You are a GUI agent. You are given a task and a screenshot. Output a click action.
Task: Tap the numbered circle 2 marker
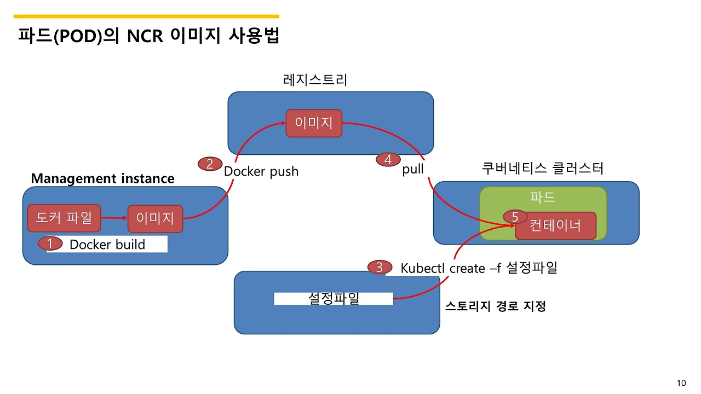[210, 164]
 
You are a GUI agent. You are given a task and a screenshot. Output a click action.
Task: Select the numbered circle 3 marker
[380, 268]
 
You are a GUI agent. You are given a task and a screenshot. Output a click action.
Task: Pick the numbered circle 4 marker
[388, 160]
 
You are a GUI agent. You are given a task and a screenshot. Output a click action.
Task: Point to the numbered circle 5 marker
[515, 217]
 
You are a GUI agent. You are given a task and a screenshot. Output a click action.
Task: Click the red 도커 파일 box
[65, 218]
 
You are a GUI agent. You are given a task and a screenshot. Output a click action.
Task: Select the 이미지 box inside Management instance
[155, 219]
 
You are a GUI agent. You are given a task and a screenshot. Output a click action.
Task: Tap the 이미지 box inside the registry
[314, 123]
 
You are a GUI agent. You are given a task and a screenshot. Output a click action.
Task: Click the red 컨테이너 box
[555, 225]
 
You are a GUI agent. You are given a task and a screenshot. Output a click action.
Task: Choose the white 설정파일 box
[334, 299]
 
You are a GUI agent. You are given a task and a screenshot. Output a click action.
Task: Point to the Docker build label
[107, 245]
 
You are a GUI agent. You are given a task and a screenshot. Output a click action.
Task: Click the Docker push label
[261, 171]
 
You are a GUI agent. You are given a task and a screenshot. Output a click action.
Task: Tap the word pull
[413, 169]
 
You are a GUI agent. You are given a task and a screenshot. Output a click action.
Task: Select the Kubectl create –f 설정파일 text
[479, 268]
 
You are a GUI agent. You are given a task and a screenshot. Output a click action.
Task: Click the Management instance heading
[102, 178]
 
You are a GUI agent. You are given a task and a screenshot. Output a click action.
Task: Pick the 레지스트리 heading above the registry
[315, 80]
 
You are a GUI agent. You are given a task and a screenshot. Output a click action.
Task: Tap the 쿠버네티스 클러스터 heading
[542, 168]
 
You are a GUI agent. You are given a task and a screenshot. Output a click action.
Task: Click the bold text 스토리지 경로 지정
[495, 306]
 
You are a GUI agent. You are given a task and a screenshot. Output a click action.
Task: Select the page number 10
[681, 383]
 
